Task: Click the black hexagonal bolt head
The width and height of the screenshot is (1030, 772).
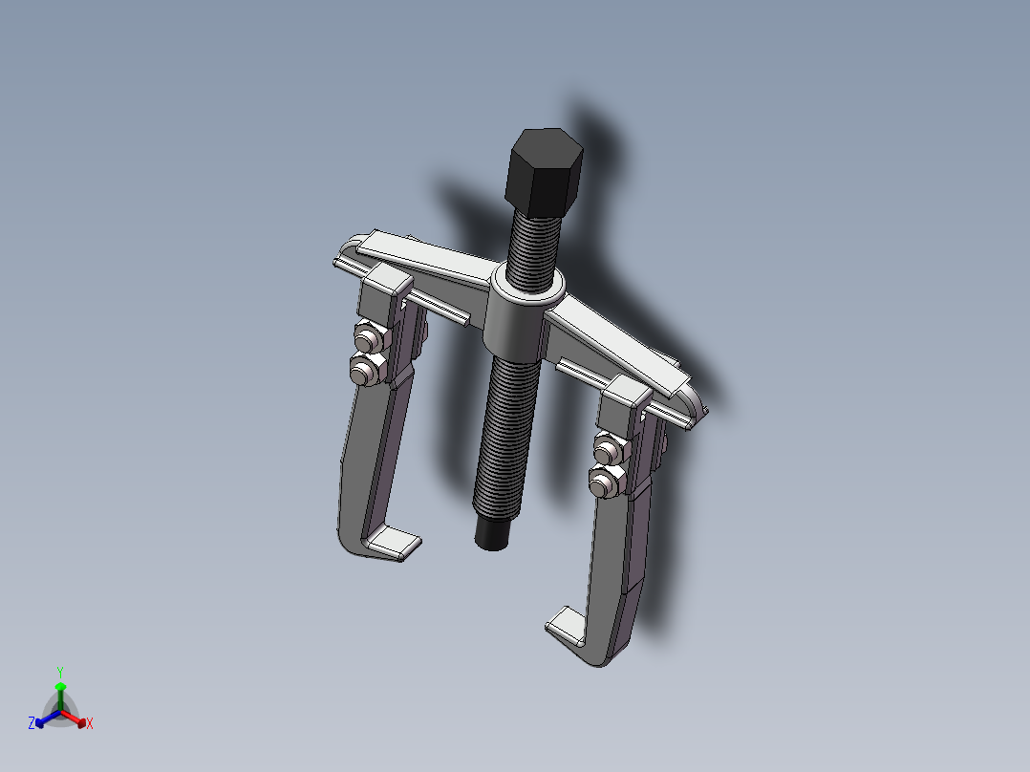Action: tap(544, 173)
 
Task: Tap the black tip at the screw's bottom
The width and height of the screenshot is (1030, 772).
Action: tap(492, 532)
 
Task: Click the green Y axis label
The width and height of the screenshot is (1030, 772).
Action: tap(60, 672)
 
